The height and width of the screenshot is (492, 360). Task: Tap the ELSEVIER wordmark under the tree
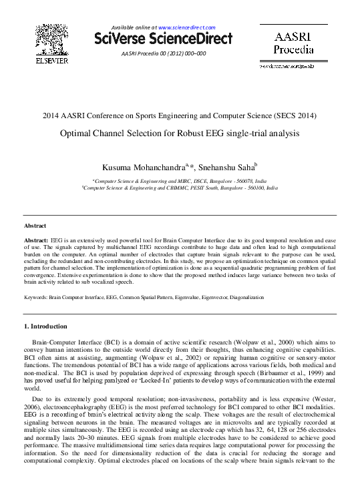point(51,61)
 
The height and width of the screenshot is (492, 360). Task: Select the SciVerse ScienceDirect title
point(164,39)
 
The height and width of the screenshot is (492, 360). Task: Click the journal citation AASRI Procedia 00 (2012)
point(164,53)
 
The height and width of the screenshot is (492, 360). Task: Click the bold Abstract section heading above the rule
point(35,226)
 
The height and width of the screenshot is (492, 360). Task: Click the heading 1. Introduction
point(45,326)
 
